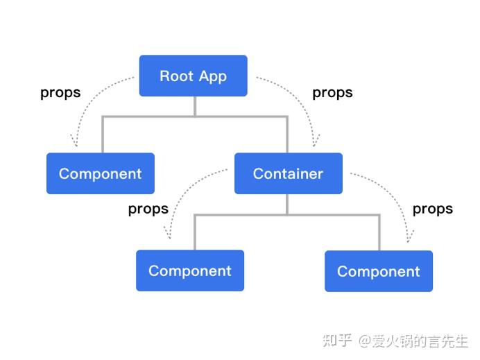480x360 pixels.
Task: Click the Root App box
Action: pos(193,76)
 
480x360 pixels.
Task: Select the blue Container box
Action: pos(288,173)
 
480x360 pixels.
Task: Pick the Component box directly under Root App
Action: pos(100,173)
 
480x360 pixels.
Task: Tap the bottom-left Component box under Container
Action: pos(189,271)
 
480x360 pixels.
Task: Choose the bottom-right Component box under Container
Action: pos(378,271)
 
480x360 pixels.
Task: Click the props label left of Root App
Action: pos(60,92)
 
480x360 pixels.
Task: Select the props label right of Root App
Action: pos(332,92)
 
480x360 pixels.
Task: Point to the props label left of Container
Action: pos(148,209)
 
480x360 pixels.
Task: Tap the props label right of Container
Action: pos(432,209)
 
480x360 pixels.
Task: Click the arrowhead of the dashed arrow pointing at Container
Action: pos(316,144)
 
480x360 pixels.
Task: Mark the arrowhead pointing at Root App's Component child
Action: pos(76,144)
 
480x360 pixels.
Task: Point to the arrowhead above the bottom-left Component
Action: pos(169,238)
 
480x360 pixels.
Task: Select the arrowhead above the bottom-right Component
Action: pos(409,239)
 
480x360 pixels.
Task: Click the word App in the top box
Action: pos(212,76)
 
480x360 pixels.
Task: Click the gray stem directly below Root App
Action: pos(195,106)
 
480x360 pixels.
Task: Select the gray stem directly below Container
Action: pos(287,204)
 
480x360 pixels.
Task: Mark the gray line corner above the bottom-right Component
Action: pos(379,215)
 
